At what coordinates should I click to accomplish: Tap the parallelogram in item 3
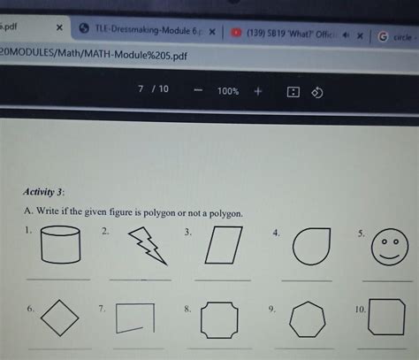click(224, 245)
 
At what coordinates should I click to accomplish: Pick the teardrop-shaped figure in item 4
click(312, 245)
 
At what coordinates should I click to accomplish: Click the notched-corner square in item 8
click(219, 320)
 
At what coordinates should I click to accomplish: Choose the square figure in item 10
click(386, 318)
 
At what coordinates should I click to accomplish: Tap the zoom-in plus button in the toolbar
click(257, 90)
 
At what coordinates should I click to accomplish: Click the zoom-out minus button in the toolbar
click(198, 91)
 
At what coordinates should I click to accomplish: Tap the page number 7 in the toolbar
click(141, 90)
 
